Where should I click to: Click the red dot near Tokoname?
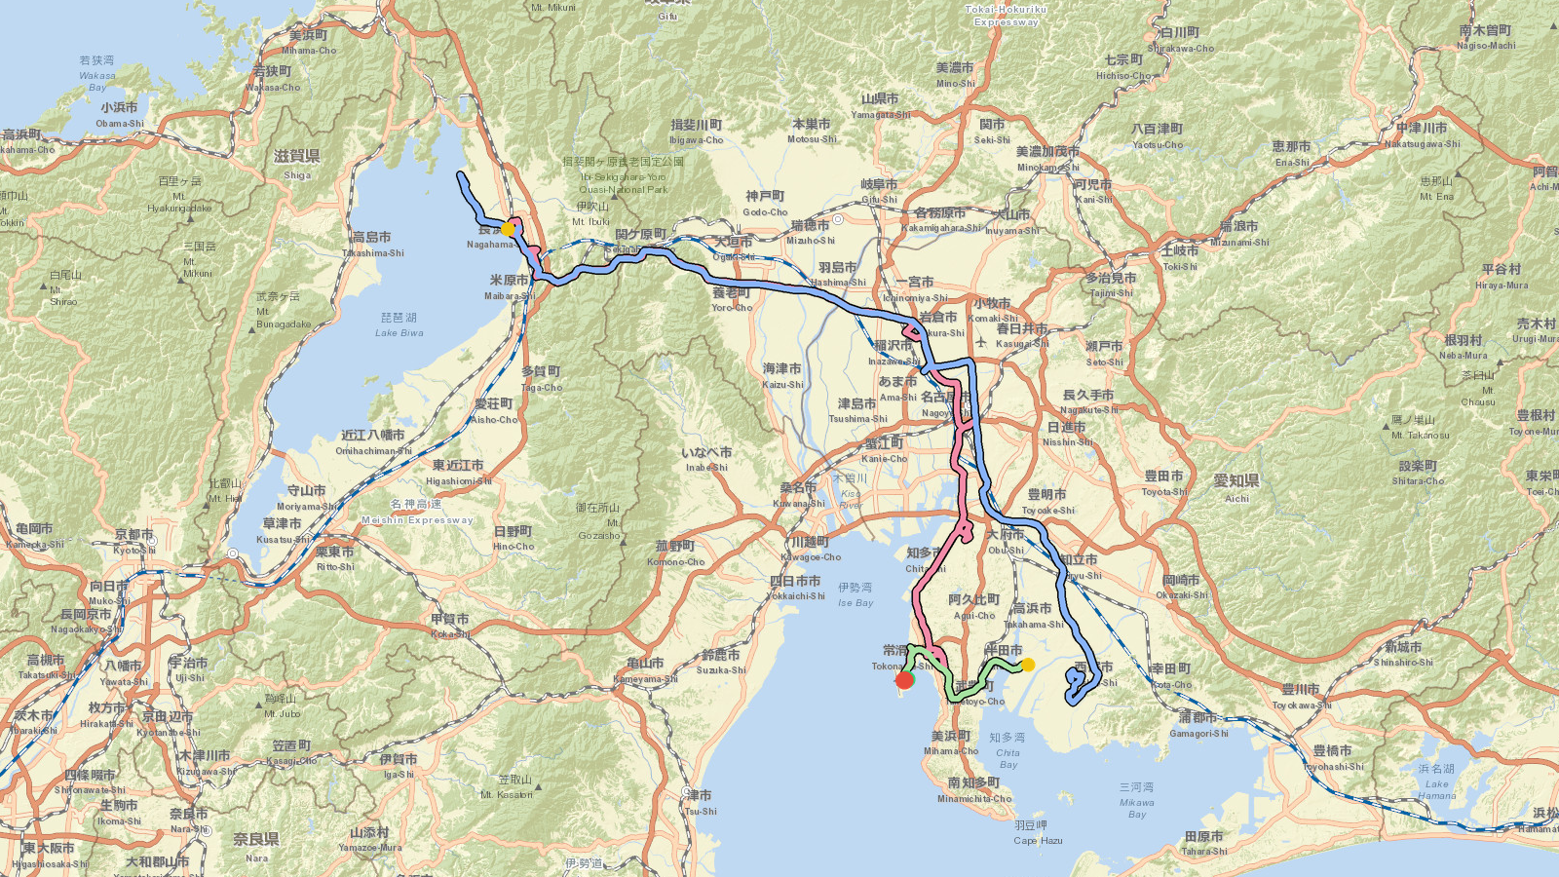904,679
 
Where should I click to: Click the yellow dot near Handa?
1027,665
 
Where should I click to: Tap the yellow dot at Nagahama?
508,228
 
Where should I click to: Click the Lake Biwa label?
399,325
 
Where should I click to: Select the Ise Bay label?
856,595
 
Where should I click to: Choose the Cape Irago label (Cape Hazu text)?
1038,833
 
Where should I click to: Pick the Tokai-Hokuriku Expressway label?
1007,16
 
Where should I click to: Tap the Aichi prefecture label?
1236,487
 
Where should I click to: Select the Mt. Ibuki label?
591,214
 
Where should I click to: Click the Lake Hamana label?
1437,782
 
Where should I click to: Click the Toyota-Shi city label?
1164,483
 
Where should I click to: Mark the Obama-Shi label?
119,116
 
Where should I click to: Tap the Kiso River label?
850,492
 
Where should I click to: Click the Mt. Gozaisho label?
598,521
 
